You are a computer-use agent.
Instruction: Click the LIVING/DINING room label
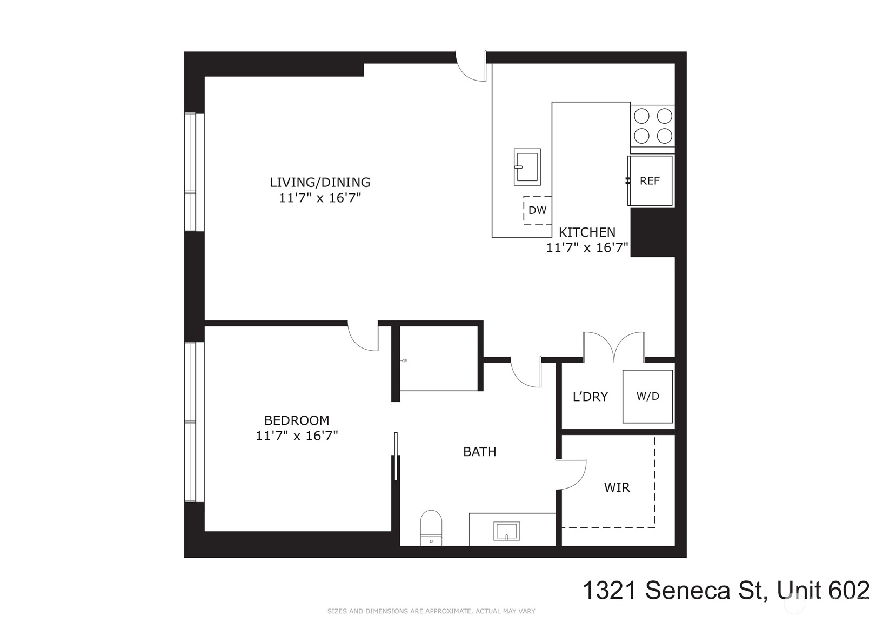click(320, 183)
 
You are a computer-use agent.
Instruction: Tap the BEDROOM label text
click(297, 420)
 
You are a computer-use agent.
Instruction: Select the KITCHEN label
click(587, 232)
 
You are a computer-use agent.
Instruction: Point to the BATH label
click(479, 452)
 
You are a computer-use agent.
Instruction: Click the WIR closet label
click(617, 487)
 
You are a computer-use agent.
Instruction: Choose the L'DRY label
click(590, 397)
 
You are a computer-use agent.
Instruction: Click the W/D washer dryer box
click(647, 396)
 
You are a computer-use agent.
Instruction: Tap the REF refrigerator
click(650, 181)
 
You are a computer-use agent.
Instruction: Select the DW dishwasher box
click(538, 210)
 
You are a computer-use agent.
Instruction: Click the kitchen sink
click(527, 167)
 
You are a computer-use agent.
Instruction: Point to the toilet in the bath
click(431, 528)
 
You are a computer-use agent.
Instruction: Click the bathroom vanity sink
click(506, 531)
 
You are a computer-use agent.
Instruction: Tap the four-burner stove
click(652, 126)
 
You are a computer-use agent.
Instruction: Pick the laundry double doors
click(614, 347)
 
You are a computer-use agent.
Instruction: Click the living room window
click(195, 172)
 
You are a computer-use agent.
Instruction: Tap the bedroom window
click(195, 422)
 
